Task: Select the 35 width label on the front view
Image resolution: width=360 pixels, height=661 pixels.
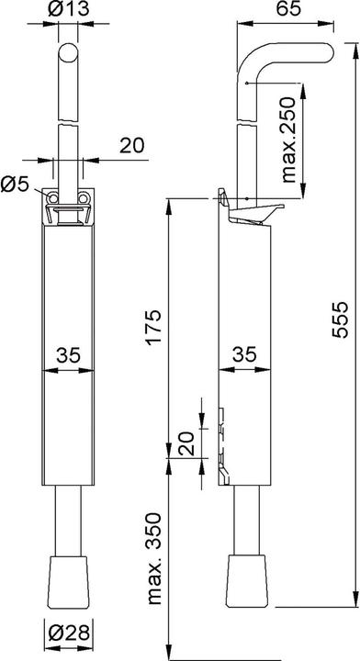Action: tap(68, 353)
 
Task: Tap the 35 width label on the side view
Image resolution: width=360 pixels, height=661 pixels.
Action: tap(243, 353)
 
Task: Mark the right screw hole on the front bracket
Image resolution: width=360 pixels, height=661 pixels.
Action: tap(84, 197)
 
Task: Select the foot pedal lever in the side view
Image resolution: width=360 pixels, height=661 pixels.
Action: tap(251, 213)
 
